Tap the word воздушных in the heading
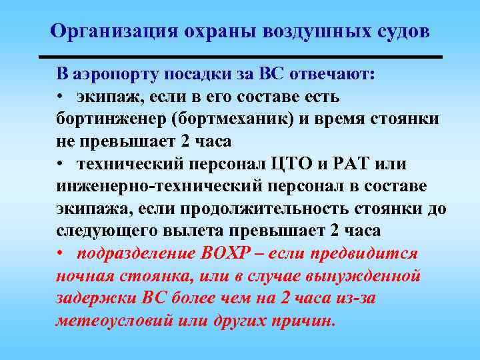[305, 31]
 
